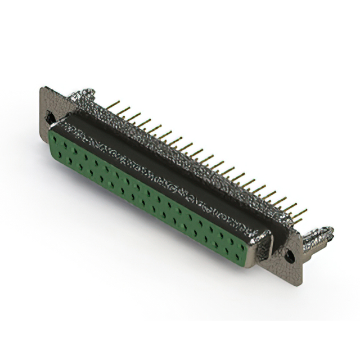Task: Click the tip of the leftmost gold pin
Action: (x=119, y=102)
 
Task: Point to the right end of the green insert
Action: (x=253, y=247)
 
